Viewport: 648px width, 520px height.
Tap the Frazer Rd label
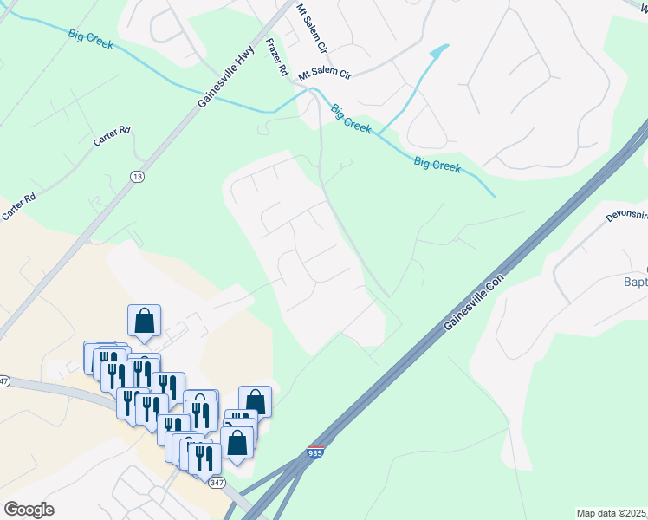pyautogui.click(x=277, y=59)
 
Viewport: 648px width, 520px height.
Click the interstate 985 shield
pyautogui.click(x=317, y=452)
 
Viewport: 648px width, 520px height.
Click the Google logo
pyautogui.click(x=29, y=510)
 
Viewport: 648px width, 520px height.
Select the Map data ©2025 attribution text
pyautogui.click(x=611, y=513)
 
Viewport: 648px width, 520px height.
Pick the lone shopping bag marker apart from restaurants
pyautogui.click(x=144, y=321)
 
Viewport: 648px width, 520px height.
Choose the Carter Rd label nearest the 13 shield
pyautogui.click(x=112, y=136)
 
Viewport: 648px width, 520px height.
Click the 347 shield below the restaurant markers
pyautogui.click(x=216, y=482)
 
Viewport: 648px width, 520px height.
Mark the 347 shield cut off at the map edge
pyautogui.click(x=3, y=380)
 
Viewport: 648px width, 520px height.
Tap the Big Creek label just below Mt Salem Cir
pyautogui.click(x=351, y=118)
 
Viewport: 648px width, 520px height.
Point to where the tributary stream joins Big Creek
pyautogui.click(x=379, y=133)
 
